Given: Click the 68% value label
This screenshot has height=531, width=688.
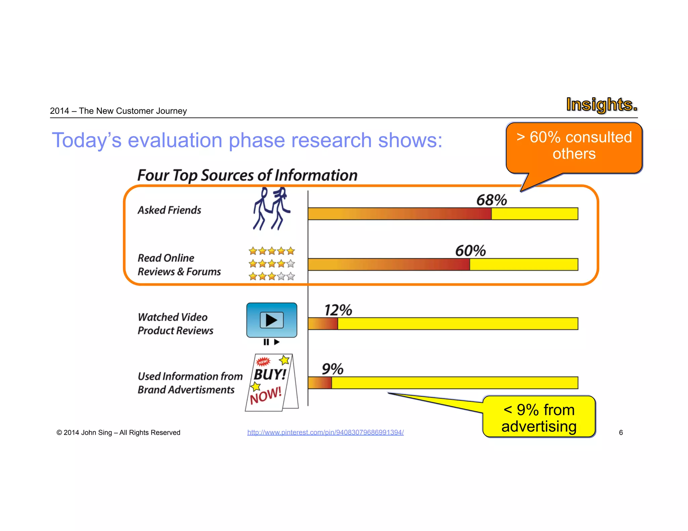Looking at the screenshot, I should tap(491, 200).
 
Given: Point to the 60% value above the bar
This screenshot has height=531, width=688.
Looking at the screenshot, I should tap(470, 251).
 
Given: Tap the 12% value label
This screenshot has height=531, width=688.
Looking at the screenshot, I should tap(338, 310).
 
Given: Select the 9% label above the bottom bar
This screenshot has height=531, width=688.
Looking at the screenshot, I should tap(333, 369).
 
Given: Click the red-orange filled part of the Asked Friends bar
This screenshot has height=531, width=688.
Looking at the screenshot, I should tap(399, 214).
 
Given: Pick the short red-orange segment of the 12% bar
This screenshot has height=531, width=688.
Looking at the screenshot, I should tap(323, 324).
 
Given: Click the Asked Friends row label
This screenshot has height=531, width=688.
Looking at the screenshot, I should tap(169, 210).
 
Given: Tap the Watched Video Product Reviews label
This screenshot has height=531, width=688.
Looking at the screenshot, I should tap(175, 324).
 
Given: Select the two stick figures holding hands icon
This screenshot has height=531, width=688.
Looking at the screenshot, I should tap(271, 209).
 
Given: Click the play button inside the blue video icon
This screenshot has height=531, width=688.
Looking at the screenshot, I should tap(271, 320).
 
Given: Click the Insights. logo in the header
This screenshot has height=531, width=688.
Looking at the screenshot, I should tap(601, 104).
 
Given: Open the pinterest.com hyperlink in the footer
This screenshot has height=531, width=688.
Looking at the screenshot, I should tap(325, 432).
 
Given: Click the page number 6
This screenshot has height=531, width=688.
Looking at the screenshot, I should tap(621, 432).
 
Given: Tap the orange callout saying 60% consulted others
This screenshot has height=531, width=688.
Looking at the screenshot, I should tap(574, 146).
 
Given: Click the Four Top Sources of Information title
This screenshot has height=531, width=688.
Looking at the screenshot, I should tap(247, 175).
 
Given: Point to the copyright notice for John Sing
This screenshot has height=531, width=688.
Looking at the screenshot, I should tap(118, 432).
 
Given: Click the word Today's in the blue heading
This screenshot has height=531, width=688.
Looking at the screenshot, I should tap(86, 140).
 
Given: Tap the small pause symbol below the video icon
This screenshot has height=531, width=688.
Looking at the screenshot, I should tap(266, 342).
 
